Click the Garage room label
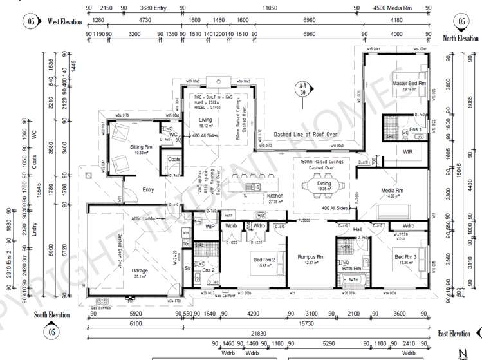coord(140,270)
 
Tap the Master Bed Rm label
coord(409,84)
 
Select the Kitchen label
coord(275,195)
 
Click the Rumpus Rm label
coord(310,256)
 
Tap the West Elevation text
coord(64,21)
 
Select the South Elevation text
coord(52,315)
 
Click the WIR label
coord(407,153)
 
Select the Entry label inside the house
coord(148,189)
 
